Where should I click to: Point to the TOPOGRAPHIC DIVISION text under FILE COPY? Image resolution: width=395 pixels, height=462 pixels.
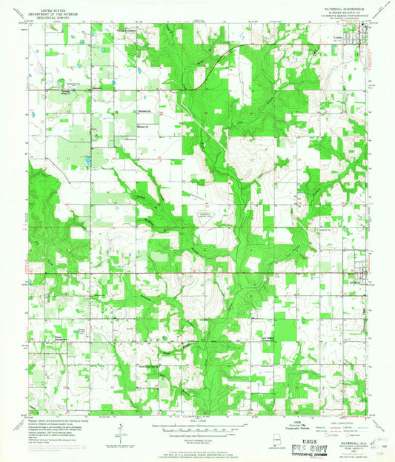pyautogui.click(x=325, y=457)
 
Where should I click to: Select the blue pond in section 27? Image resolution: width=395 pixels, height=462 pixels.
pyautogui.click(x=87, y=160)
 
